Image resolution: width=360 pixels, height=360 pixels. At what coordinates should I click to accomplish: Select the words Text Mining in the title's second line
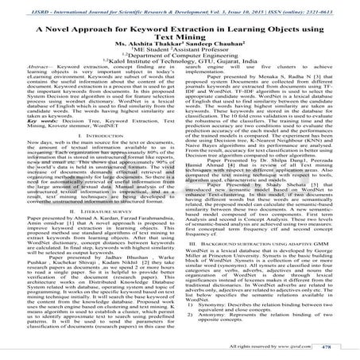[180, 37]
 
